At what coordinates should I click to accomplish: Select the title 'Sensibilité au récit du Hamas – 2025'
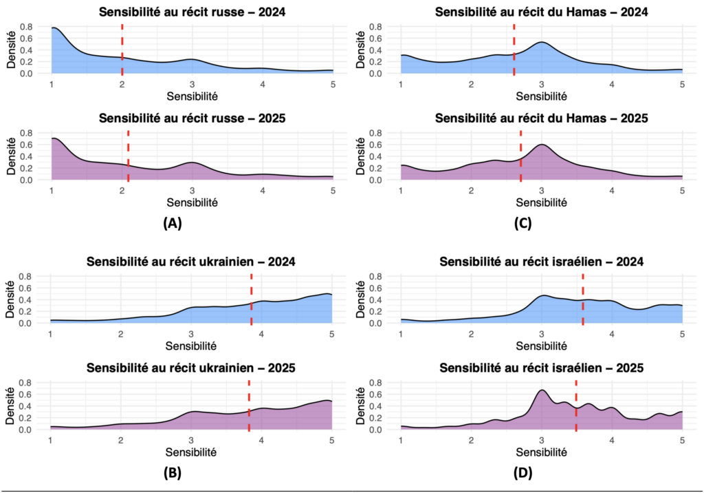coord(542,118)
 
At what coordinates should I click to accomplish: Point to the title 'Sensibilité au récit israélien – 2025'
coord(542,368)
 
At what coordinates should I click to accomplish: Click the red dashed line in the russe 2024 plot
coord(122,48)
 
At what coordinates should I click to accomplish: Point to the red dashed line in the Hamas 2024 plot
coord(514,48)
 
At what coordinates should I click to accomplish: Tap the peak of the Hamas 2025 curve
coord(542,145)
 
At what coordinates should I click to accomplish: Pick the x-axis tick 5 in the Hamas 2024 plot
coord(682,84)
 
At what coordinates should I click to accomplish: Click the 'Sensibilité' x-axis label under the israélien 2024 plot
coord(542,346)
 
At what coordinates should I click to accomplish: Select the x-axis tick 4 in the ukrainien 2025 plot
coord(261,441)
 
